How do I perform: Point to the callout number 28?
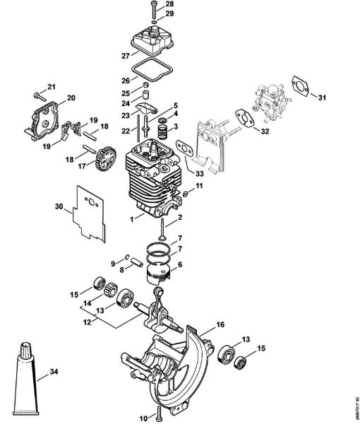tap(168, 5)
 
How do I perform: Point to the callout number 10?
tap(145, 416)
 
